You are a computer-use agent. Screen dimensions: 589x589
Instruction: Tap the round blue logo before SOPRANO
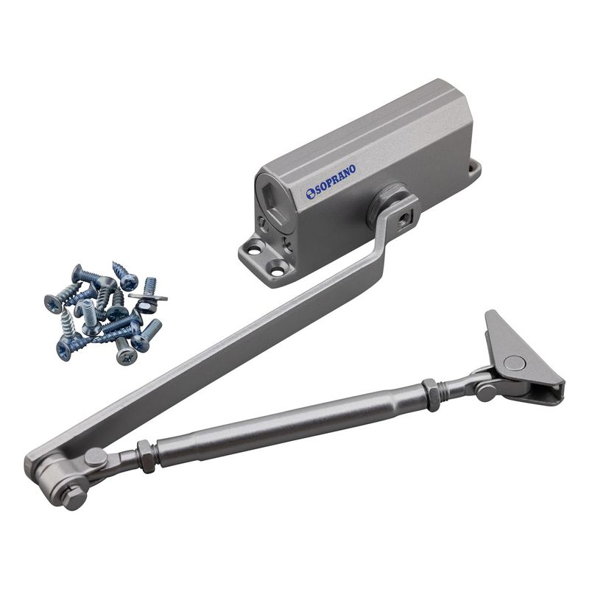pyautogui.click(x=311, y=194)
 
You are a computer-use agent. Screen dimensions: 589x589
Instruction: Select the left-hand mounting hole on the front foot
pyautogui.click(x=255, y=248)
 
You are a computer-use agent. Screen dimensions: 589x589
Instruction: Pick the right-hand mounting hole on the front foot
pyautogui.click(x=278, y=271)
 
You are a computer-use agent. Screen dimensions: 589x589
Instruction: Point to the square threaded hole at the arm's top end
pyautogui.click(x=405, y=218)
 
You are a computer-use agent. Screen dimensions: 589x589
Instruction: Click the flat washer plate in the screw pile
pyautogui.click(x=148, y=297)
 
